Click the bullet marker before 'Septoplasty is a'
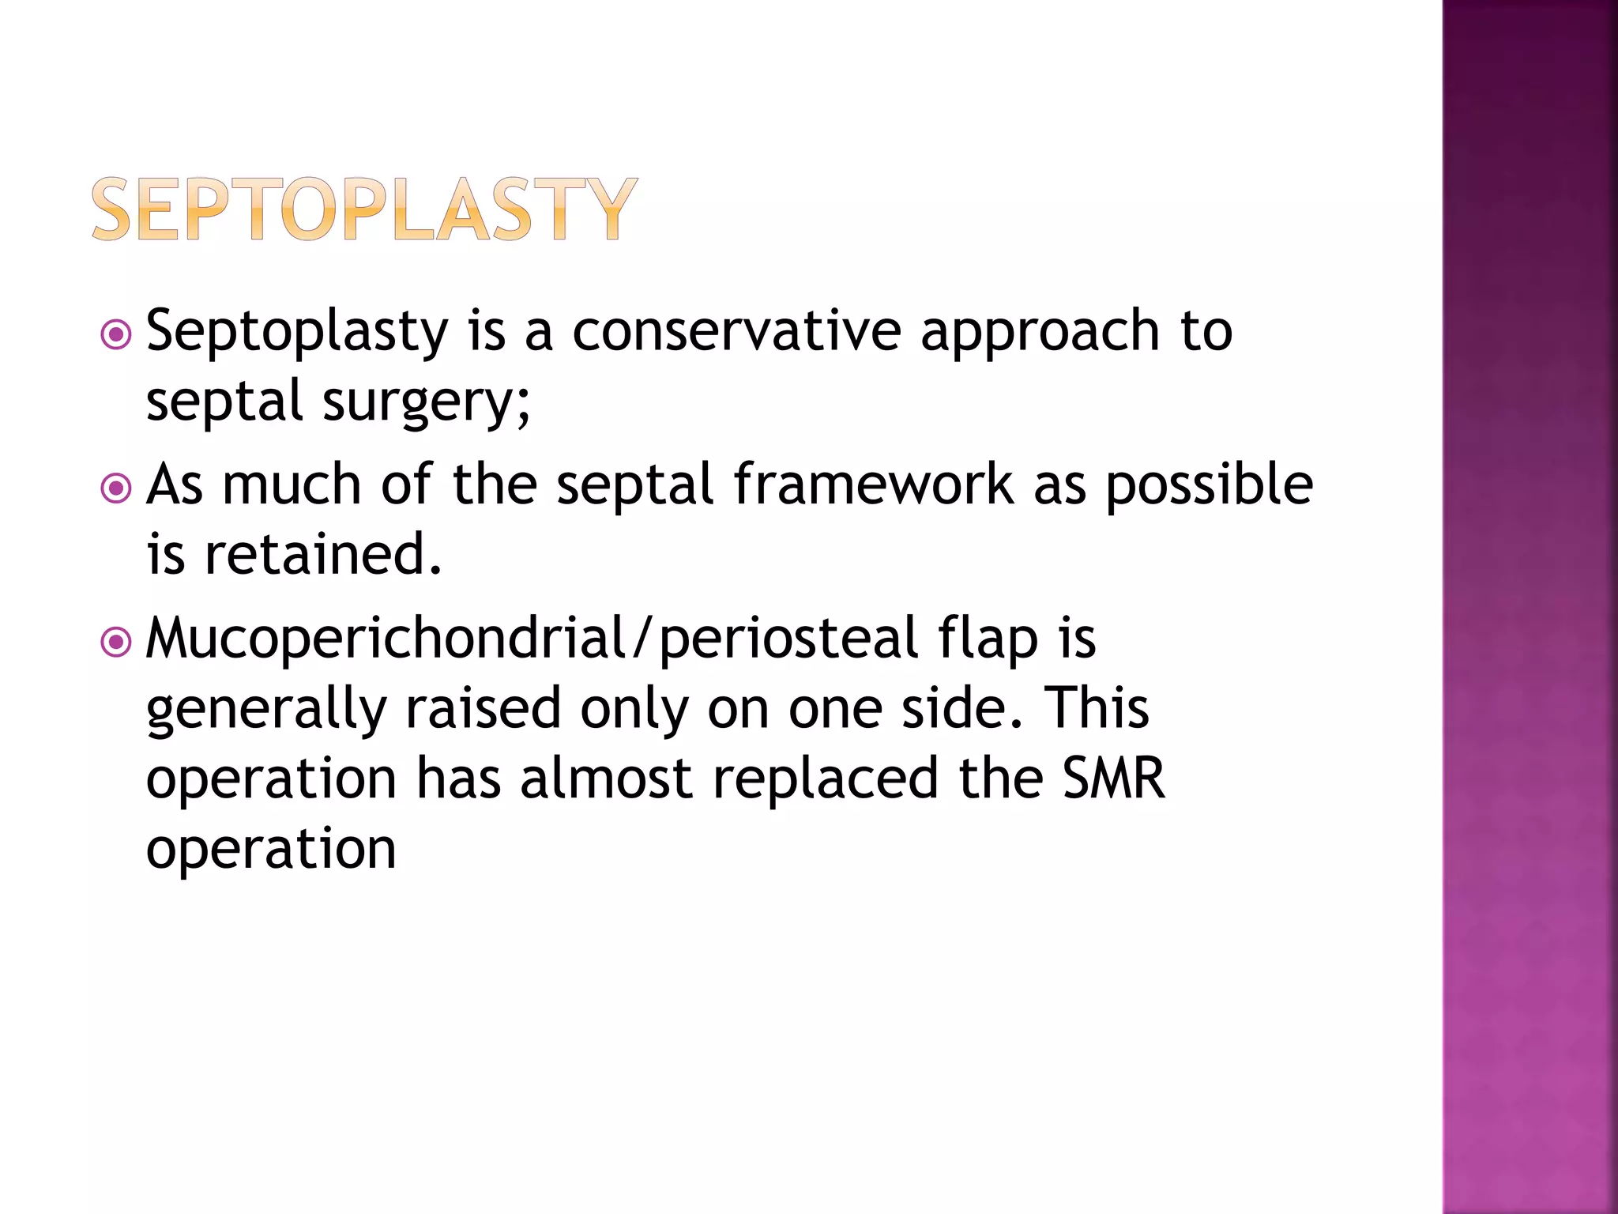[x=116, y=334]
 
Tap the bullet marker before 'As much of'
[x=116, y=488]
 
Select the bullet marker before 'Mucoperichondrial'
[x=116, y=642]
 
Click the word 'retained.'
[x=323, y=554]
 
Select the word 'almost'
[x=606, y=778]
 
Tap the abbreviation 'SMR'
[x=1113, y=778]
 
